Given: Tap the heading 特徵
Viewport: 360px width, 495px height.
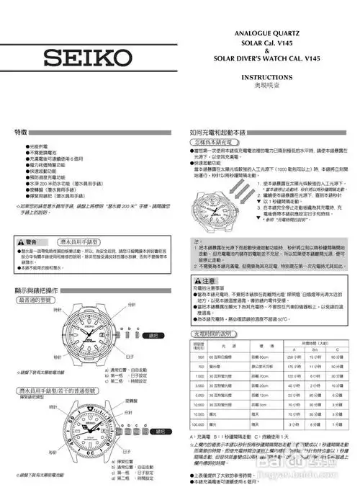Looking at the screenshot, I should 21,134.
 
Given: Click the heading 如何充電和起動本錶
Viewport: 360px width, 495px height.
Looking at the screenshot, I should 216,134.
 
